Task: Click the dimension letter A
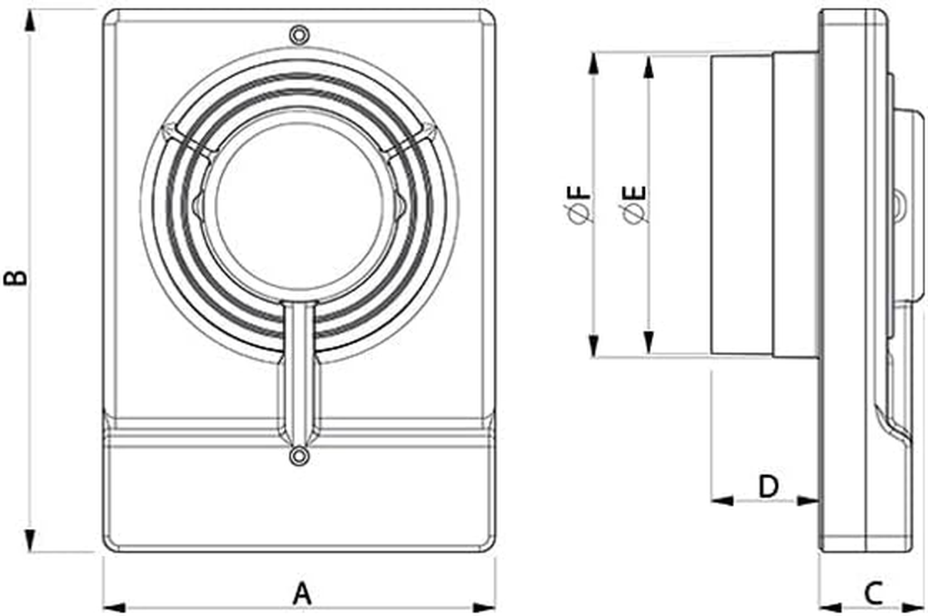302,594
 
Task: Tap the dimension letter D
769,487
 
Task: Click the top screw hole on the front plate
299,35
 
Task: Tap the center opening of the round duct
299,208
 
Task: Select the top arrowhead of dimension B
31,22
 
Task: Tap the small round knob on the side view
899,204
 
